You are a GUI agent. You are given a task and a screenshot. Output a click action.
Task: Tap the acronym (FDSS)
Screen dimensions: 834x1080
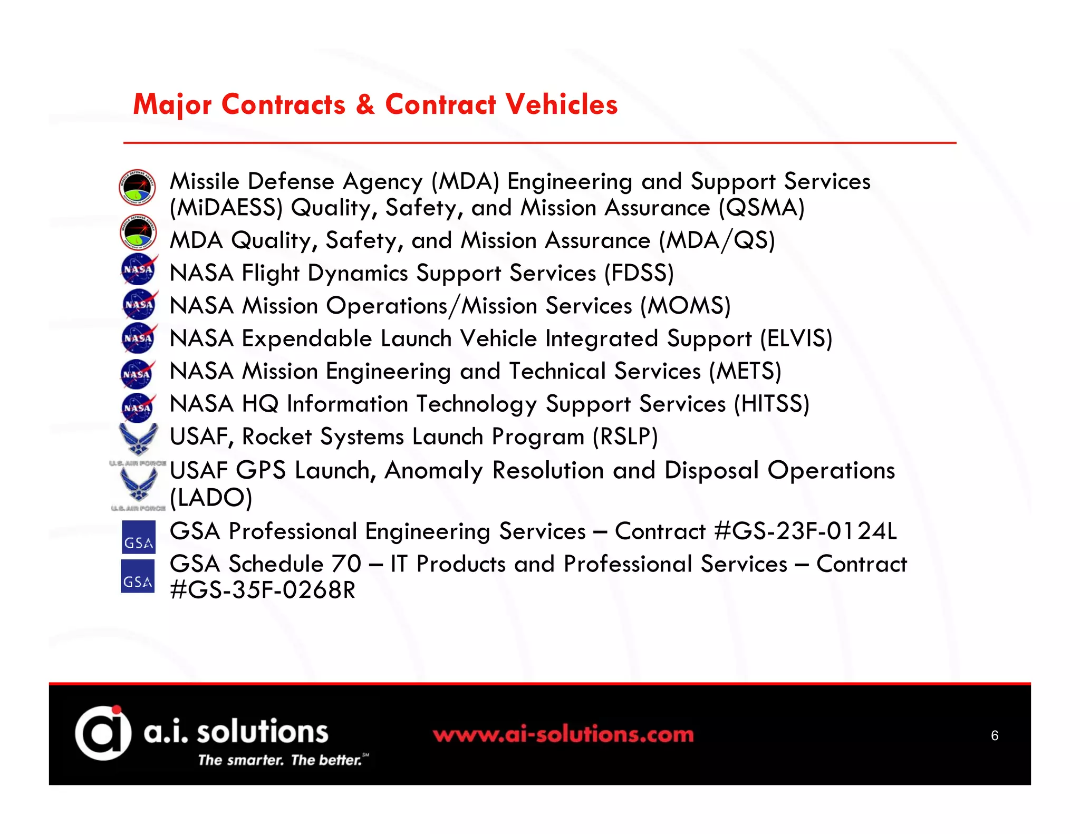coord(639,273)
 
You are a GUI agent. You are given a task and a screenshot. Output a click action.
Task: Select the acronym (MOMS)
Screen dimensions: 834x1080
coord(685,306)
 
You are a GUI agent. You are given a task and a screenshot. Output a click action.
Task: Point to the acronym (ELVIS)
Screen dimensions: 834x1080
coord(796,338)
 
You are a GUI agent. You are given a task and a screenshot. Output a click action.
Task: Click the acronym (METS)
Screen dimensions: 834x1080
coord(745,371)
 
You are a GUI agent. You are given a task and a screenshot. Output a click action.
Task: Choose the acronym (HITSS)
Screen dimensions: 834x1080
coord(772,404)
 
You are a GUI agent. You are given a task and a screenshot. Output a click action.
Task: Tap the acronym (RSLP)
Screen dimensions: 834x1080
coord(625,437)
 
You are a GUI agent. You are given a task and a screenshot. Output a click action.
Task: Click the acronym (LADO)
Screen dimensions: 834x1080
coord(211,497)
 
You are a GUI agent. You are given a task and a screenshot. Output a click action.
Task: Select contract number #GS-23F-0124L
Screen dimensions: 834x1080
coord(805,531)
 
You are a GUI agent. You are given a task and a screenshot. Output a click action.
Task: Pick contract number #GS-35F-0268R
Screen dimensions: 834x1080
coord(263,590)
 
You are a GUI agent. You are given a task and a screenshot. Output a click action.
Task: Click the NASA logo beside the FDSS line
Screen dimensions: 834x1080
coord(139,269)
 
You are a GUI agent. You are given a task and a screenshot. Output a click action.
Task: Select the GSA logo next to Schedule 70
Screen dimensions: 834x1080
coord(138,576)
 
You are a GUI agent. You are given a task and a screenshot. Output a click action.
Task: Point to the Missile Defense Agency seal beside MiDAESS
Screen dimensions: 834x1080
coord(137,187)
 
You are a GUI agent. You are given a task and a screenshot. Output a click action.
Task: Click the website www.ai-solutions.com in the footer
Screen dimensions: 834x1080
coord(563,734)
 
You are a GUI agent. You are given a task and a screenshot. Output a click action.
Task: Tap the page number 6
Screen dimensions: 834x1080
coord(994,735)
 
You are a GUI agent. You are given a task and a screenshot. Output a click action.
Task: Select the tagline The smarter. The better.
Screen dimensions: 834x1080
coord(280,760)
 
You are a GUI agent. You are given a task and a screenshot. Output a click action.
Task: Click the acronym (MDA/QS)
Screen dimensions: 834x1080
coord(717,240)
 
